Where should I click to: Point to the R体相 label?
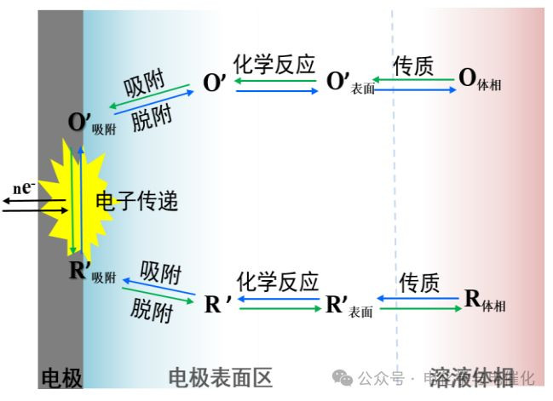pos(483,299)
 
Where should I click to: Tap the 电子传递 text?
pos(137,202)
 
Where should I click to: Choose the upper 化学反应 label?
pos(274,64)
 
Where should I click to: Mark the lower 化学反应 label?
pos(277,282)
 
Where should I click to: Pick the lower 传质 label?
pos(419,282)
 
